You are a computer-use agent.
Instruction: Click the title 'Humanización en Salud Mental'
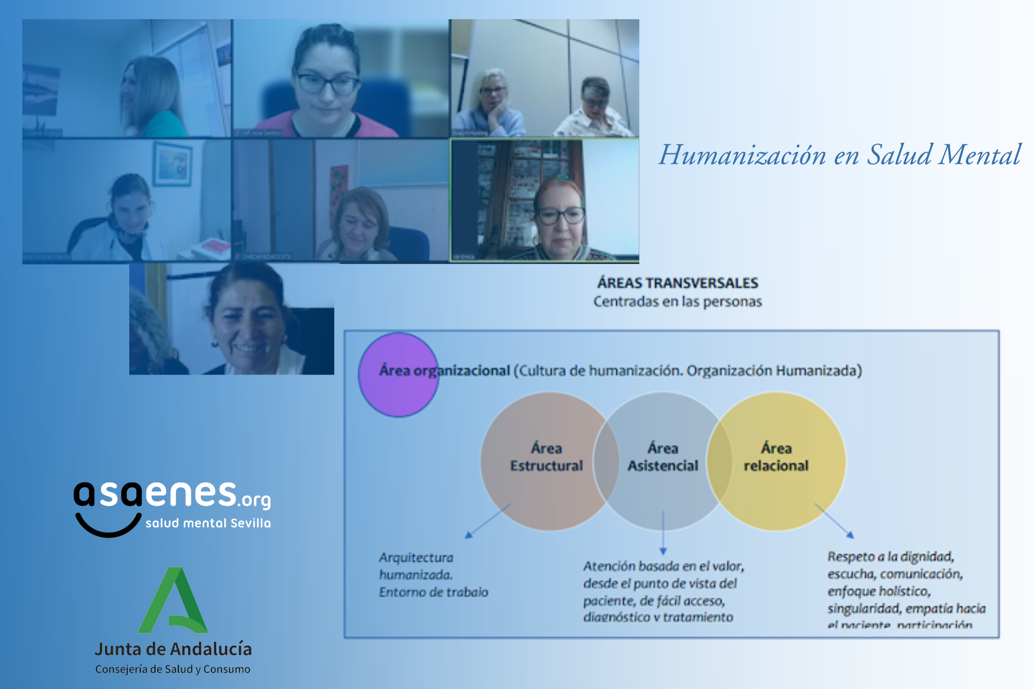[839, 155]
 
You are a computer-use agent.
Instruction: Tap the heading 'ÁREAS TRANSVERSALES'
[678, 283]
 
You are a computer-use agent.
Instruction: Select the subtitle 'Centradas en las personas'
[678, 302]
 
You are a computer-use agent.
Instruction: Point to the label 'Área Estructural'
[546, 457]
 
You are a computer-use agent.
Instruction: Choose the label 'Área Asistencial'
[663, 457]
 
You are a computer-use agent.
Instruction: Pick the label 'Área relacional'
[776, 457]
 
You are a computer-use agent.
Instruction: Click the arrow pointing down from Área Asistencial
[663, 533]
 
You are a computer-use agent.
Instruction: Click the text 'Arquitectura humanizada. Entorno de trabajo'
[433, 575]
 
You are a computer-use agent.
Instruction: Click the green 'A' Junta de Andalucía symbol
[173, 601]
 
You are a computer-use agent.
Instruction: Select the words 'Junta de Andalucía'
[173, 649]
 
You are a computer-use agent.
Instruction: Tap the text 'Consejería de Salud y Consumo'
[173, 669]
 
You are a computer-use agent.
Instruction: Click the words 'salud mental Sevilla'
[208, 523]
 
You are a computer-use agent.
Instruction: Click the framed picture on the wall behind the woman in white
[172, 164]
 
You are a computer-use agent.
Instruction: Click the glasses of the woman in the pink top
[327, 84]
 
